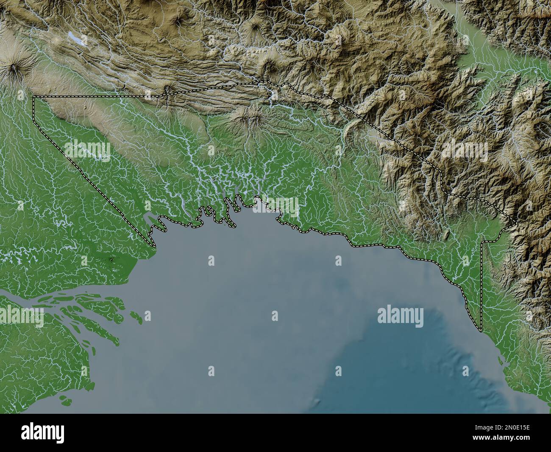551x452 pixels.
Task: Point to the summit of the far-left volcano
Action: click(14, 67)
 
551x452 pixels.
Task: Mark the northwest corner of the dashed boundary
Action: click(33, 97)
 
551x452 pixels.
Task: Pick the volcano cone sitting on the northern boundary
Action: click(168, 90)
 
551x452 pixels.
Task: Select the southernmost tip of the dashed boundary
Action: click(481, 331)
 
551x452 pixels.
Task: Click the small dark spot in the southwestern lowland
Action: click(112, 259)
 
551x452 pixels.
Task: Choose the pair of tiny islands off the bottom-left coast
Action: click(65, 399)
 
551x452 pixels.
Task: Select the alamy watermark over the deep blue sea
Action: click(400, 316)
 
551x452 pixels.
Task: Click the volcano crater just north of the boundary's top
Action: click(268, 65)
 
